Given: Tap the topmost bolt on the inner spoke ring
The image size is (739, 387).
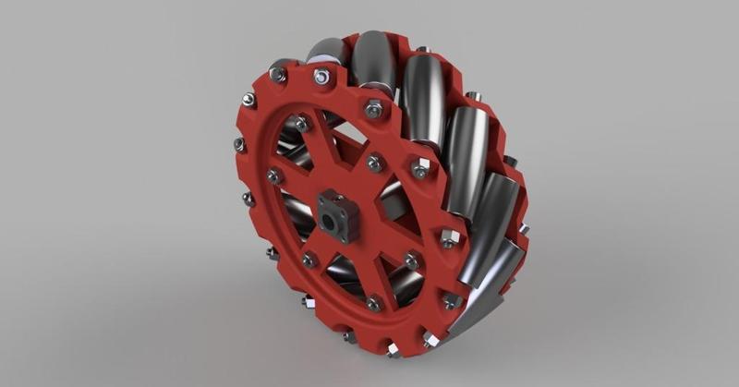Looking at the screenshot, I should click(302, 122).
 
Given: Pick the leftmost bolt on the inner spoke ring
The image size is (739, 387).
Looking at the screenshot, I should click(274, 175).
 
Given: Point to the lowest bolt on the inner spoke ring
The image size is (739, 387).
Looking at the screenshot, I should click(374, 302).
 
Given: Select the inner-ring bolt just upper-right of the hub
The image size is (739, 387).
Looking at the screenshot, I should click(374, 163).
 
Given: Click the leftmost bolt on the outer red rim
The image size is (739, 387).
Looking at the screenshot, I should click(238, 144).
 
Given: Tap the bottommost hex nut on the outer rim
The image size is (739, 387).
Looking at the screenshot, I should click(394, 349).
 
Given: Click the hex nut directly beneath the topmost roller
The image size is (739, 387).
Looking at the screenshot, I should click(372, 109).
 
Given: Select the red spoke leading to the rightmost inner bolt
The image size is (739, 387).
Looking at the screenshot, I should click(383, 242).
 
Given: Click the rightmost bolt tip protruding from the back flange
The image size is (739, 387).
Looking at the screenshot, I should click(524, 227).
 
